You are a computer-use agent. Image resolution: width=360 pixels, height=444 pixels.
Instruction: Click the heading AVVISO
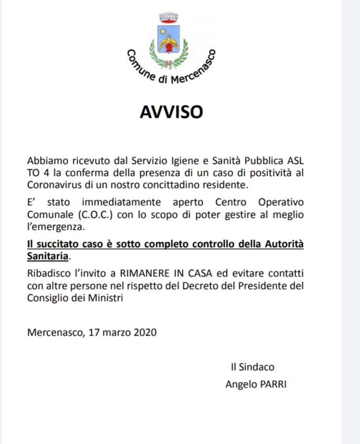(171, 112)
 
